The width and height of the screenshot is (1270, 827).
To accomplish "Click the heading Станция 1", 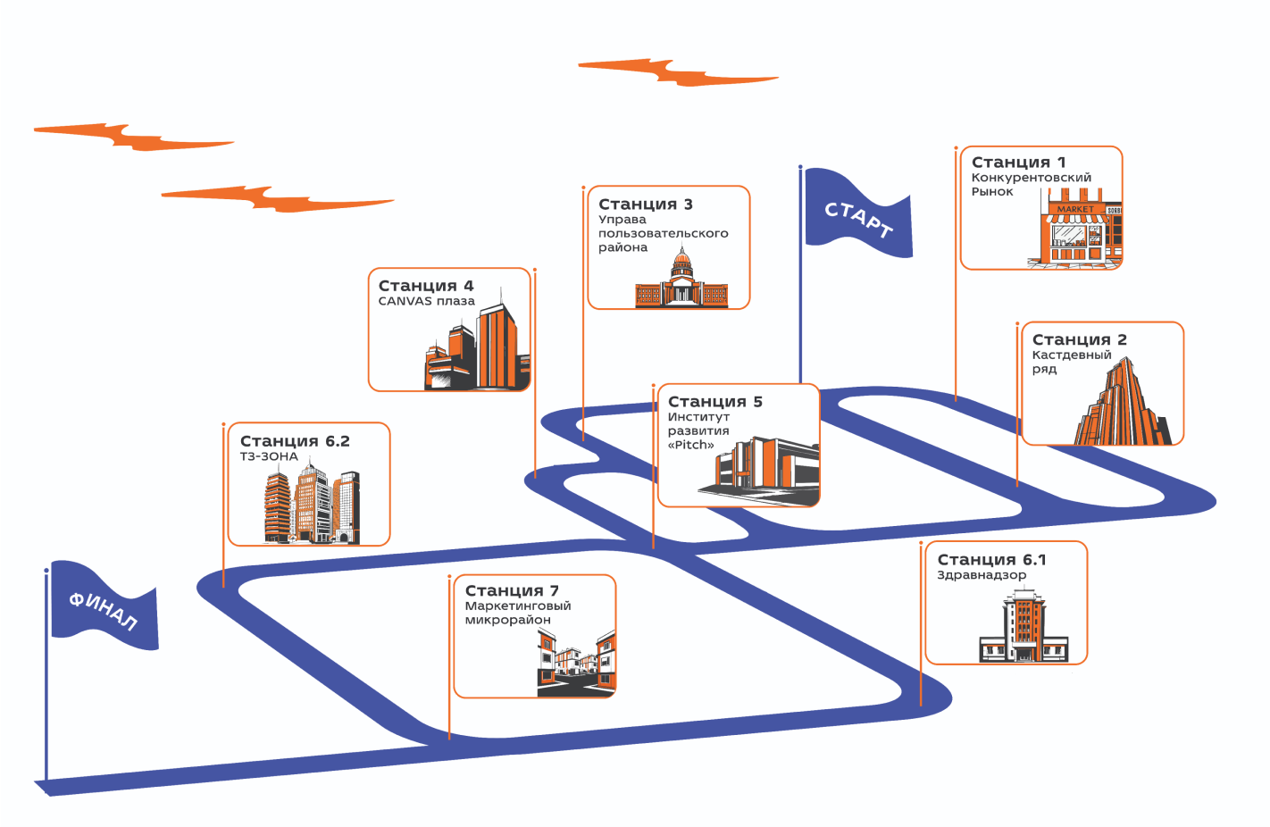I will pyautogui.click(x=1018, y=163).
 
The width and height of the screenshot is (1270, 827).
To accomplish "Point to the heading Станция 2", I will pyautogui.click(x=1079, y=340).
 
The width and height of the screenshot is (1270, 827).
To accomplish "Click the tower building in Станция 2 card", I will pyautogui.click(x=1123, y=406).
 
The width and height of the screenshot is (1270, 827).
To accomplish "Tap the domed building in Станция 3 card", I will pyautogui.click(x=681, y=281).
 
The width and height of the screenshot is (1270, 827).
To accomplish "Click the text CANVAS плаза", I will pyautogui.click(x=426, y=302).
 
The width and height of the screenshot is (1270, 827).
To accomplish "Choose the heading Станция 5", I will pyautogui.click(x=714, y=402).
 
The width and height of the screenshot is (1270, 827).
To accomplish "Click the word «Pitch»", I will pyautogui.click(x=690, y=446).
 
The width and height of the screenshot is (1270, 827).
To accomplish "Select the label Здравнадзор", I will pyautogui.click(x=981, y=575).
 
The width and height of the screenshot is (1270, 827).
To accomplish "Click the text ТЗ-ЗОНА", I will pyautogui.click(x=269, y=456).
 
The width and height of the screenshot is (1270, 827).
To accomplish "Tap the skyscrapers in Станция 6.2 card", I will pyautogui.click(x=311, y=505).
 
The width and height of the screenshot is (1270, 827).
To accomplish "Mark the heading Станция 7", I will pyautogui.click(x=512, y=591).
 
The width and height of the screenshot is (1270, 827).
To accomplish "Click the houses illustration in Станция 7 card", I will pyautogui.click(x=576, y=664).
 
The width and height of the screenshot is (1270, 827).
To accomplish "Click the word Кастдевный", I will pyautogui.click(x=1072, y=355).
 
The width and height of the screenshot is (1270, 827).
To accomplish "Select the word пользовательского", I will pyautogui.click(x=663, y=233).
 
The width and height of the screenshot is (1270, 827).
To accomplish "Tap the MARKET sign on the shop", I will pyautogui.click(x=1074, y=209).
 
